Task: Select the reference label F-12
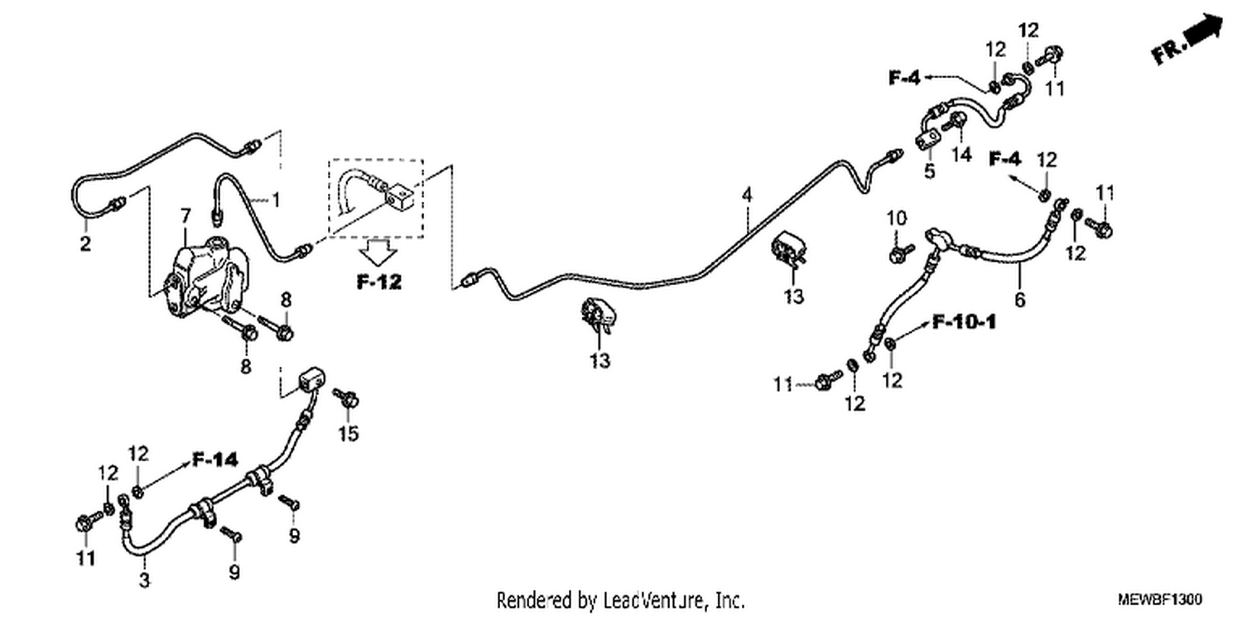[x=379, y=282]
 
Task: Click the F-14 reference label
[x=215, y=460]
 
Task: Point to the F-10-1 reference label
[x=965, y=321]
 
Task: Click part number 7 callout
[x=185, y=216]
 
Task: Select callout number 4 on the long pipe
[x=748, y=195]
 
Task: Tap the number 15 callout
[x=349, y=433]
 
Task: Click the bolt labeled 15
[x=346, y=397]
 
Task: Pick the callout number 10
[x=896, y=219]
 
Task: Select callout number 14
[x=961, y=155]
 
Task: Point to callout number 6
[x=1020, y=300]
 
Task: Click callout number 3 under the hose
[x=144, y=580]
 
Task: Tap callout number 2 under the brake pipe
[x=85, y=243]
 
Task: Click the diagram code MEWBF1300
[x=1159, y=599]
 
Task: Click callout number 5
[x=930, y=171]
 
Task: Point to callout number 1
[x=276, y=200]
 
